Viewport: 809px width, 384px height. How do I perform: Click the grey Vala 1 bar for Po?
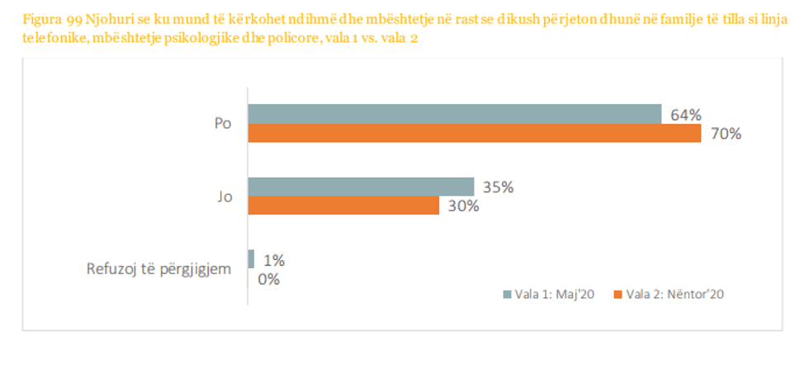click(455, 114)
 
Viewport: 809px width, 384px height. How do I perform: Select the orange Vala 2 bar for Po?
click(475, 133)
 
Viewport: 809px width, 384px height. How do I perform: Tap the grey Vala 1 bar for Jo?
click(361, 187)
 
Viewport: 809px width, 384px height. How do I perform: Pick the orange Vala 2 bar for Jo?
click(343, 206)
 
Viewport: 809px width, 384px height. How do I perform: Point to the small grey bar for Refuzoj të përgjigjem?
click(251, 259)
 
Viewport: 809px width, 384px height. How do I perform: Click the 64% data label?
click(685, 115)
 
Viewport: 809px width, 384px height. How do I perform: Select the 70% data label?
click(725, 133)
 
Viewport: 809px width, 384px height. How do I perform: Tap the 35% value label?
click(498, 187)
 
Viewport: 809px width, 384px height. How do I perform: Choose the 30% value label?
click(463, 206)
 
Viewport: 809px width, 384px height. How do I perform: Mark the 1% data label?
click(273, 260)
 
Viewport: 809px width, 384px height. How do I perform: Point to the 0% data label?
click(269, 279)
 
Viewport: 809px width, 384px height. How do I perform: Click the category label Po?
click(221, 124)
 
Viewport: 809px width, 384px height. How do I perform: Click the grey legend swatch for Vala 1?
click(508, 293)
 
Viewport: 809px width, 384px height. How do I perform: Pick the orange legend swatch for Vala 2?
click(617, 293)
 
